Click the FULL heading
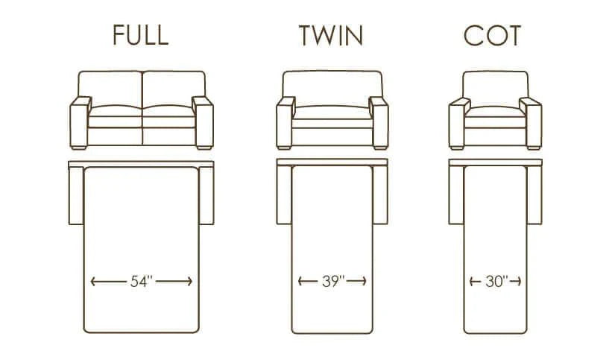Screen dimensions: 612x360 point(140,35)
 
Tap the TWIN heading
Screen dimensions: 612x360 point(331,35)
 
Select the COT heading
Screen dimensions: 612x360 point(492,36)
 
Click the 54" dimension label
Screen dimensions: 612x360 point(142,281)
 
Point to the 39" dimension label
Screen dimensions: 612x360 point(333,281)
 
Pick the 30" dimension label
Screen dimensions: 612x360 point(496,281)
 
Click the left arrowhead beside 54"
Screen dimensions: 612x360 point(93,282)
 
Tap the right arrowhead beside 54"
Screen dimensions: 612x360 point(189,282)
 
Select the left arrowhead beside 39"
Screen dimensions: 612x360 point(300,281)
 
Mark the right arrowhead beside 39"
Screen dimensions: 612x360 point(363,281)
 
